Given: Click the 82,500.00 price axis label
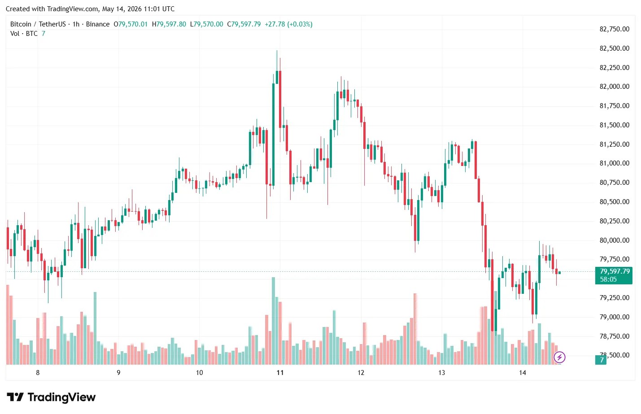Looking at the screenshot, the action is click(x=614, y=48).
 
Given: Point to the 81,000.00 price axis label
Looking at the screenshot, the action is click(x=614, y=163).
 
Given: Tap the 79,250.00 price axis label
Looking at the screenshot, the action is click(x=614, y=297).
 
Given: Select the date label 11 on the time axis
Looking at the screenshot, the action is click(x=280, y=373).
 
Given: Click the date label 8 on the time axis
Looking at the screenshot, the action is click(x=38, y=373).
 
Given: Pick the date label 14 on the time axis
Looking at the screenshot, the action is click(x=523, y=373).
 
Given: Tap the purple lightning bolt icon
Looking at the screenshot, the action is click(x=559, y=357).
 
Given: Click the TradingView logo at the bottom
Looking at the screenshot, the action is click(x=51, y=397).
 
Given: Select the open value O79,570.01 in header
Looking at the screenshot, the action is click(x=131, y=24).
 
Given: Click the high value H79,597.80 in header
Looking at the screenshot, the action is click(x=169, y=24).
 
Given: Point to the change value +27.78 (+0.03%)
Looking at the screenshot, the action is click(x=288, y=24).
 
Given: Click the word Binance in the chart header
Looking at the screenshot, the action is click(x=98, y=24).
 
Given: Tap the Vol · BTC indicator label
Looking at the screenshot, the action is click(x=24, y=34).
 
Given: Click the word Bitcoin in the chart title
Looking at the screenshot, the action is click(x=21, y=24).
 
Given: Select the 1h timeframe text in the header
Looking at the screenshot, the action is click(x=76, y=24).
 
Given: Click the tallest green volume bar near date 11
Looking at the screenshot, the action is click(x=273, y=321).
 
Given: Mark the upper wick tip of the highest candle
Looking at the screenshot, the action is click(x=277, y=50).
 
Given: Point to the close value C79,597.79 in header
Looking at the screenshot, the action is click(x=244, y=24).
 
